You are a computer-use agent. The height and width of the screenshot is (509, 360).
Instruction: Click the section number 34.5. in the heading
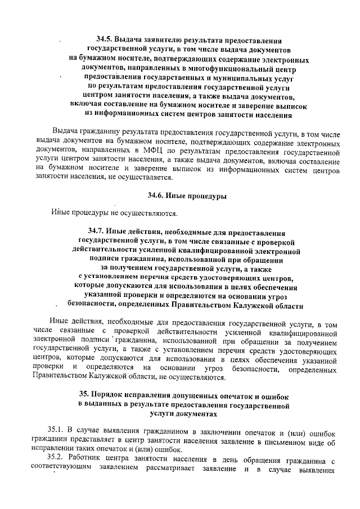[x=105, y=40]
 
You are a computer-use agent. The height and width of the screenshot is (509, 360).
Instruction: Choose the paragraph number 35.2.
[x=56, y=460]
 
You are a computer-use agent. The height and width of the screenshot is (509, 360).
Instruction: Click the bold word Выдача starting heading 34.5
[x=131, y=40]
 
